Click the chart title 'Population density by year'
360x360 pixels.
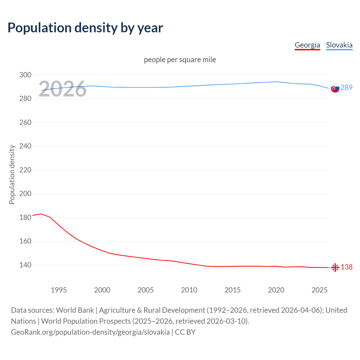click(x=85, y=28)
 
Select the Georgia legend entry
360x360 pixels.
click(x=307, y=45)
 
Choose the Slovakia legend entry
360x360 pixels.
click(x=339, y=45)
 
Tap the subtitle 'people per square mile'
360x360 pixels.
click(x=180, y=60)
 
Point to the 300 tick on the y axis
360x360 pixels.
click(x=25, y=75)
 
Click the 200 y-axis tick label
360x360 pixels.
click(x=25, y=194)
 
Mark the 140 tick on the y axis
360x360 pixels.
click(x=25, y=265)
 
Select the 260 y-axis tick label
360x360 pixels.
click(x=25, y=122)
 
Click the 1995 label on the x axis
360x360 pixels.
click(x=58, y=290)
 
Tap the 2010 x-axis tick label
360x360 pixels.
click(x=189, y=290)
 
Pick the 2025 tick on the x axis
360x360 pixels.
click(x=319, y=290)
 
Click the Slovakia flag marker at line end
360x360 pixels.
click(x=335, y=88)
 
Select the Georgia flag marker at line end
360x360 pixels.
click(x=335, y=267)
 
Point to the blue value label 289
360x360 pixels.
click(x=346, y=87)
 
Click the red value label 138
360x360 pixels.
click(x=346, y=267)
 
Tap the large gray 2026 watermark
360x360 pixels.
click(x=62, y=89)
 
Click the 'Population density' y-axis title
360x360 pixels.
click(x=12, y=174)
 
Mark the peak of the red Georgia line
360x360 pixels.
click(x=41, y=214)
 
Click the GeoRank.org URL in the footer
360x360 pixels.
click(x=90, y=332)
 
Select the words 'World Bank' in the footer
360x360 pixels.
click(x=75, y=310)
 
